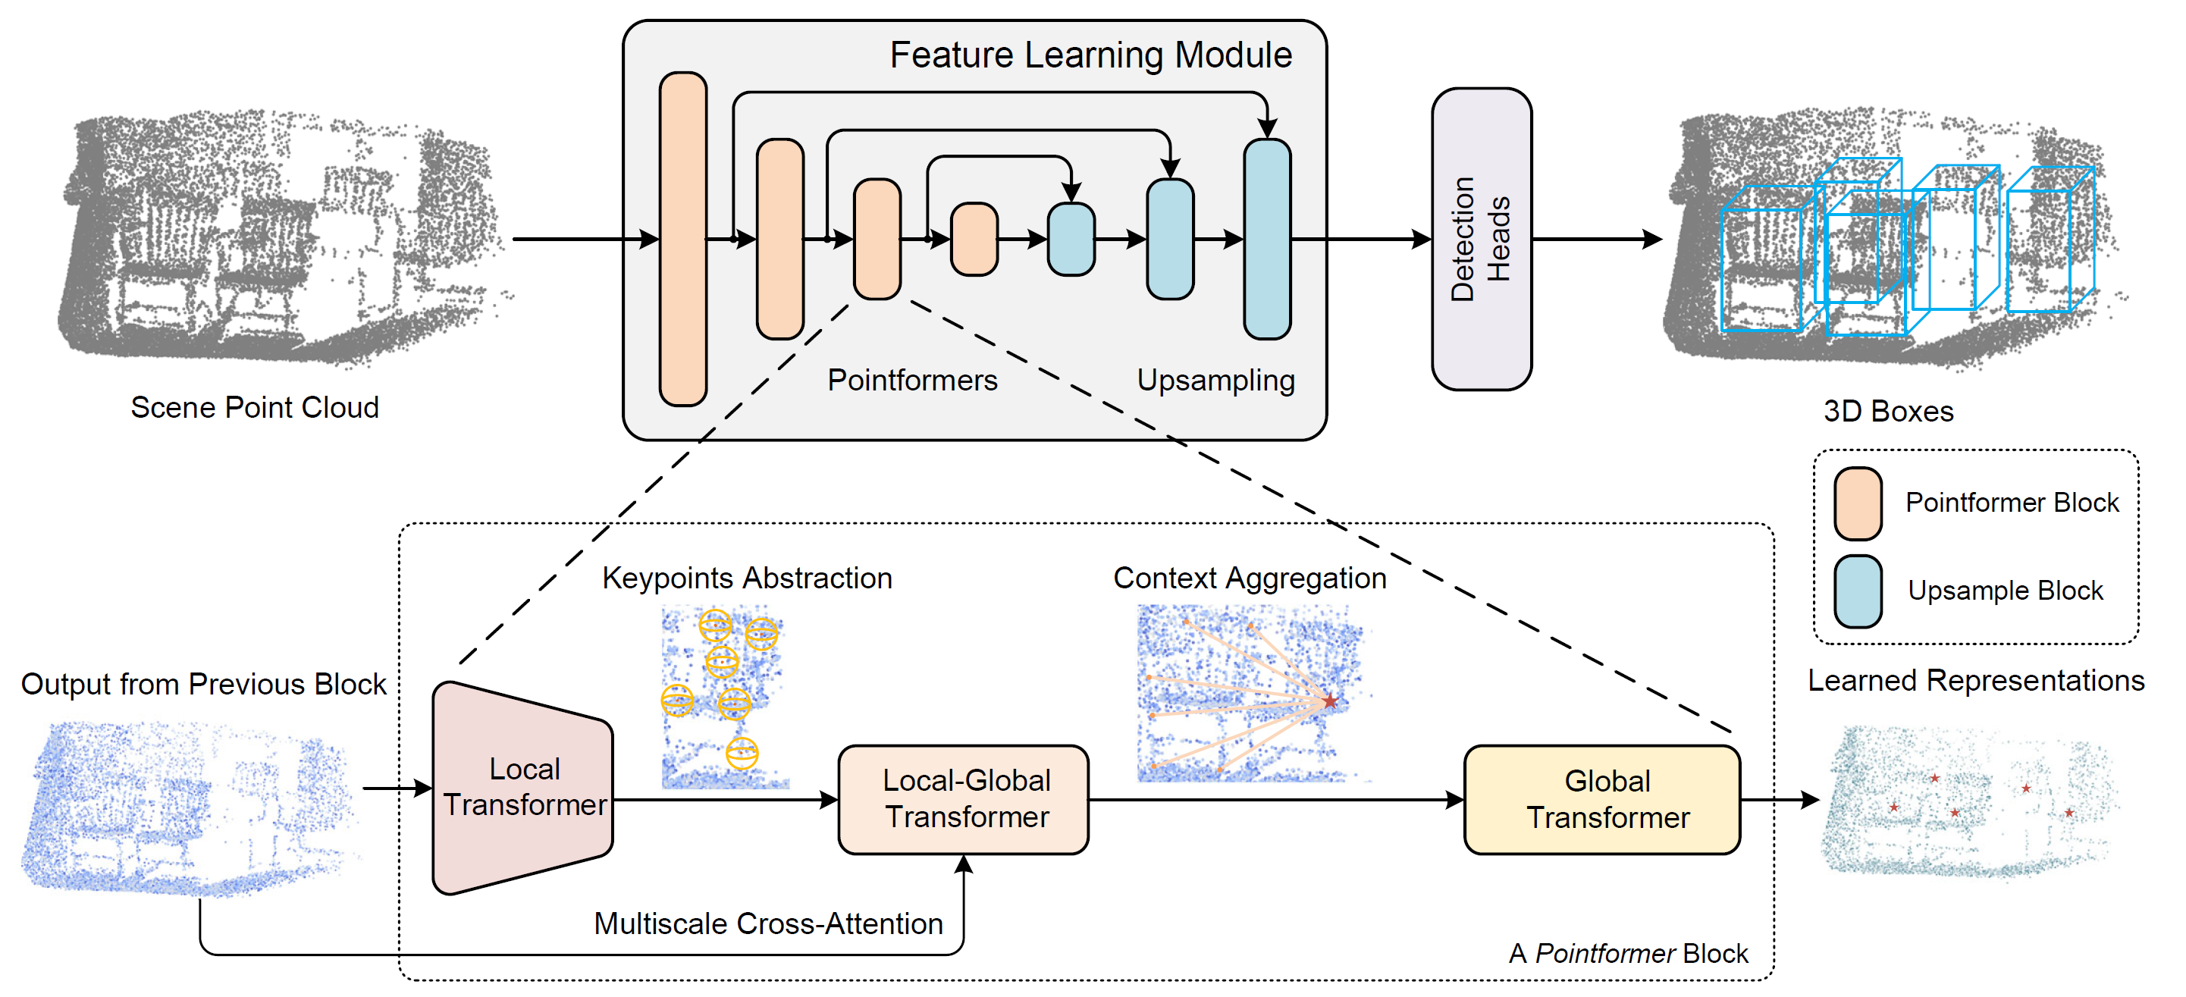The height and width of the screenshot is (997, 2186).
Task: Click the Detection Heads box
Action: click(x=1481, y=240)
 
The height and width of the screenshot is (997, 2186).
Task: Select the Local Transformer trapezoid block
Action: click(x=522, y=788)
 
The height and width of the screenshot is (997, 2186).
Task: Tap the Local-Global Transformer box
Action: click(x=963, y=799)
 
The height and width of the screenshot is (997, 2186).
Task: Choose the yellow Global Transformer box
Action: click(x=1602, y=799)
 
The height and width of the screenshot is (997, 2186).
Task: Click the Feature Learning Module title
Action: click(x=1090, y=55)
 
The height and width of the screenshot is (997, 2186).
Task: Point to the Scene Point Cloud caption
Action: click(x=255, y=407)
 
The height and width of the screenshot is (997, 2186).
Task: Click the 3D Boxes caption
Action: click(x=1888, y=411)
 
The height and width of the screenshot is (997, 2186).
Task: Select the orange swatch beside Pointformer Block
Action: click(x=1858, y=504)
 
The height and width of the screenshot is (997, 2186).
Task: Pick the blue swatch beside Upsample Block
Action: click(x=1858, y=591)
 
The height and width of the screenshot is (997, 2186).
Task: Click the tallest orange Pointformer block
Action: click(x=683, y=240)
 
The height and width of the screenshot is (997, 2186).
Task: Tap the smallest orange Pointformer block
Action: click(x=974, y=240)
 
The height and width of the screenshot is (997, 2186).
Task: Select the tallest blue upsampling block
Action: click(x=1267, y=240)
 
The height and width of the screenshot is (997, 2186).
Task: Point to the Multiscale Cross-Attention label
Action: click(x=768, y=923)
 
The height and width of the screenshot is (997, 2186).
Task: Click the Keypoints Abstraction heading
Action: click(x=747, y=578)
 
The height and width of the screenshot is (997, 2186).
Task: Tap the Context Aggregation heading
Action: click(x=1249, y=578)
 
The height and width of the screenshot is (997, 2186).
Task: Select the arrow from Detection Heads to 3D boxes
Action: click(x=1597, y=240)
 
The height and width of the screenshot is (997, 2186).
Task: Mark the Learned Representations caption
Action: click(x=1977, y=681)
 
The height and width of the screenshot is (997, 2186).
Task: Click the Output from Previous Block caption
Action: click(x=204, y=684)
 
